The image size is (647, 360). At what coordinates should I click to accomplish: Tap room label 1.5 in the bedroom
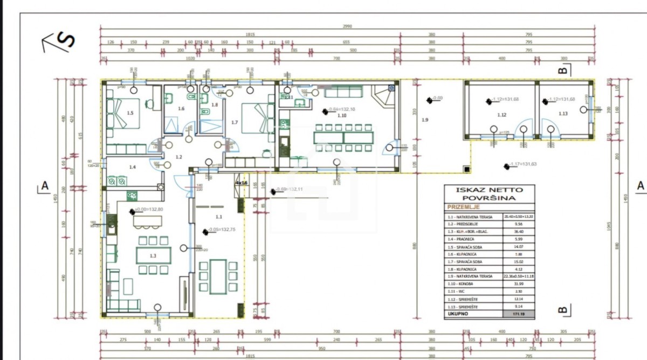(x=130, y=113)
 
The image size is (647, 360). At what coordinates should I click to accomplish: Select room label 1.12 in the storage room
(x=502, y=114)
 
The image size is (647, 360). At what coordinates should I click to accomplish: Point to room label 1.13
(x=563, y=114)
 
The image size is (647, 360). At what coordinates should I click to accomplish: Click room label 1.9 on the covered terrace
(x=425, y=120)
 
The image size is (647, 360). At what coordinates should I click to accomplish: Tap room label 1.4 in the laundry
(x=133, y=167)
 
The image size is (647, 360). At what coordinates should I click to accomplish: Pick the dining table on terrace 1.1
(x=218, y=275)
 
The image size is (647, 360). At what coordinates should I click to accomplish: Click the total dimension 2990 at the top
(x=347, y=26)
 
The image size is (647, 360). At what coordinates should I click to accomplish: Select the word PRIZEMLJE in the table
(x=462, y=207)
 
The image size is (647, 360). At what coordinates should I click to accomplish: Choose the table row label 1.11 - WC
(x=457, y=292)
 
